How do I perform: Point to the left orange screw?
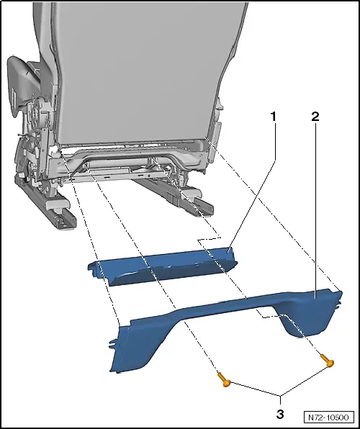pos(224,383)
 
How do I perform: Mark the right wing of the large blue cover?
pos(310,310)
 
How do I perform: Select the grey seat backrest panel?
pos(144,65)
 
